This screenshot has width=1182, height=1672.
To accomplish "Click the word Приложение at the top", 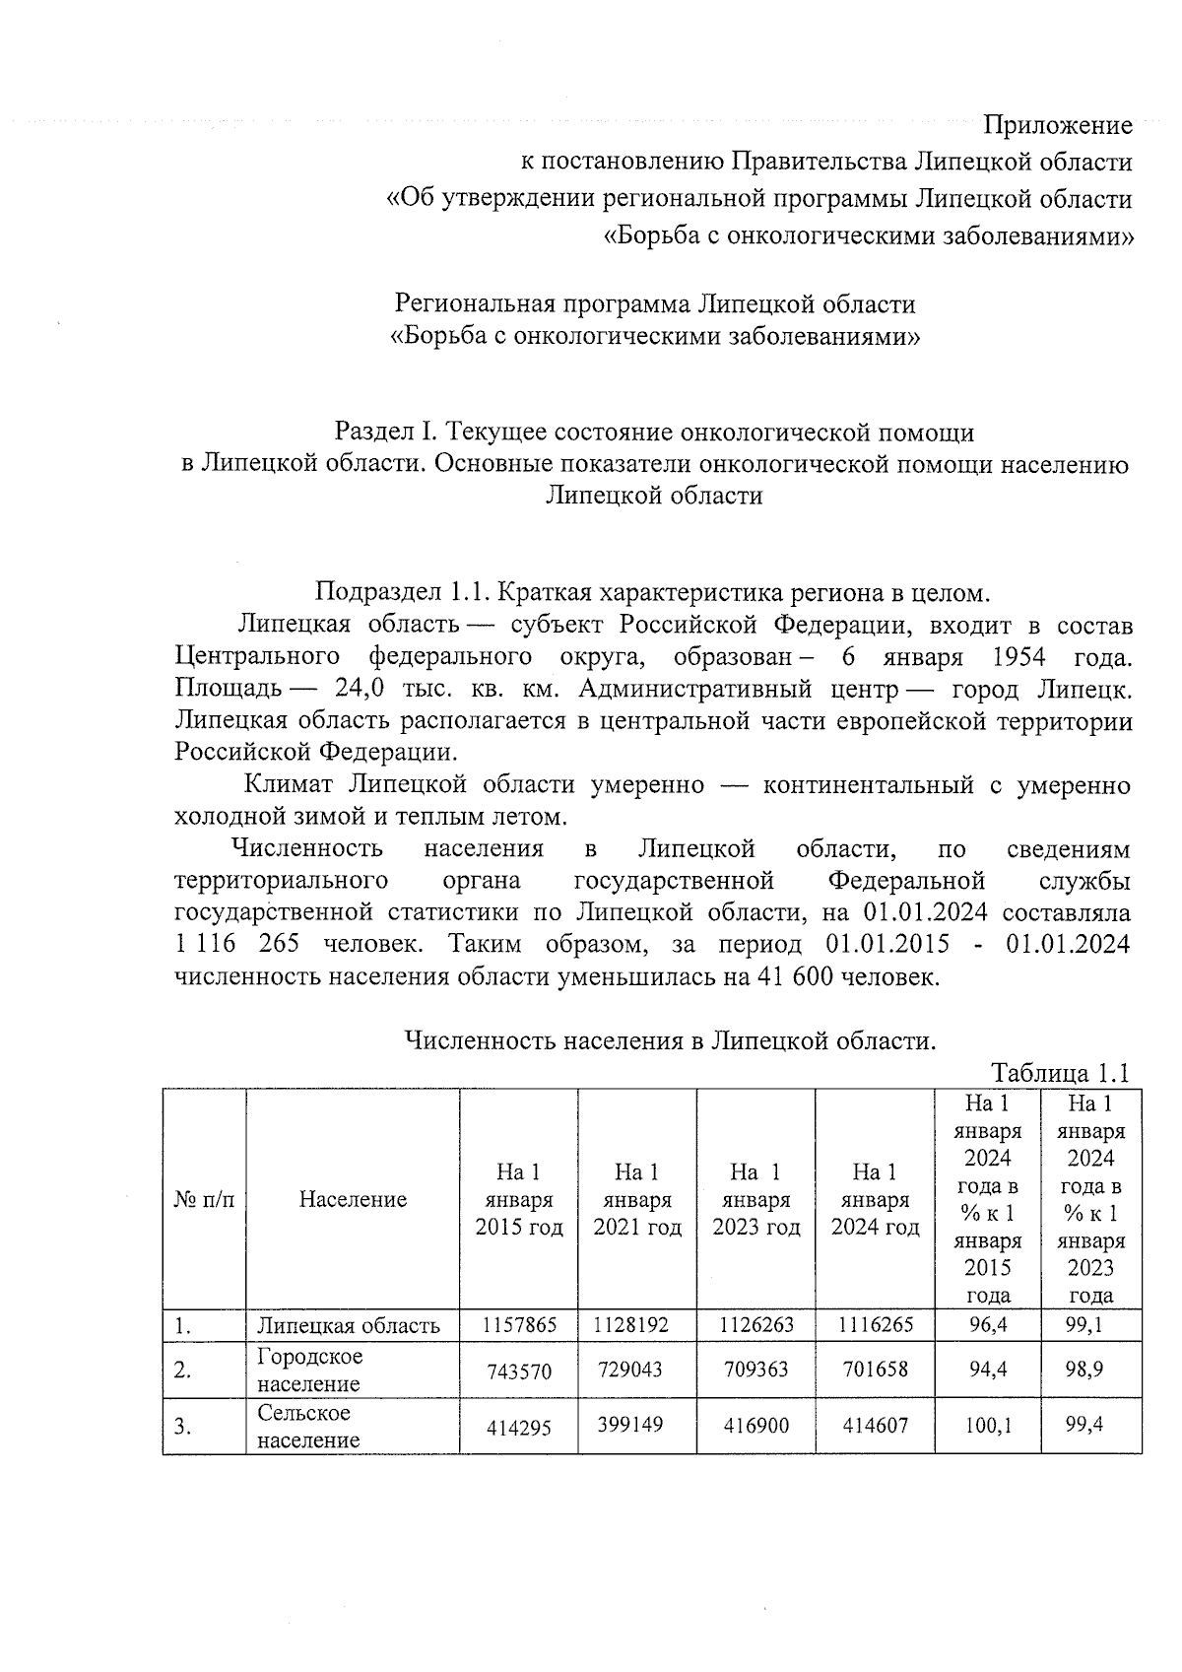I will point(1058,125).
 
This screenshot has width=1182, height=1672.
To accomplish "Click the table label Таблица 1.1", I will point(1059,1073).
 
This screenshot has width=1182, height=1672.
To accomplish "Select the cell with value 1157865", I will point(519,1325).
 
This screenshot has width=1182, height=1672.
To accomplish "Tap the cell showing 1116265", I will point(875,1325).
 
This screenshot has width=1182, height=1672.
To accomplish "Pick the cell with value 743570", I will point(519,1371).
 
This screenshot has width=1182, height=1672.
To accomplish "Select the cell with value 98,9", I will point(1090,1370).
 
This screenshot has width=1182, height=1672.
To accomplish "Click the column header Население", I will point(353,1199).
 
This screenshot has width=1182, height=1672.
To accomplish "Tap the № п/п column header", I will point(204,1199).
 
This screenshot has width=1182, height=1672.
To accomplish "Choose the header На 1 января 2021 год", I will point(636,1199).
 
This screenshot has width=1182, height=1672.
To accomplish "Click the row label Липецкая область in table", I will point(349,1325).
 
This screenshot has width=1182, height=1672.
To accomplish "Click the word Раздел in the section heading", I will point(374,432).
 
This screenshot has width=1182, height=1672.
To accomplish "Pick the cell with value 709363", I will point(755,1370).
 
